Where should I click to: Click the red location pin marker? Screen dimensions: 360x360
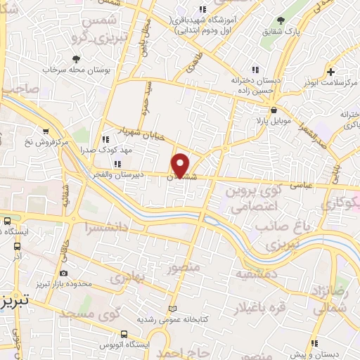pyautogui.click(x=181, y=165)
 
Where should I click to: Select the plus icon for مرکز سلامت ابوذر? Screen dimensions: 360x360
pyautogui.click(x=330, y=72)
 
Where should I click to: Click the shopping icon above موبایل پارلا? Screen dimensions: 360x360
pyautogui.click(x=274, y=110)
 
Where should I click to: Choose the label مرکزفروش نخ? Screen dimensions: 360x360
pyautogui.click(x=62, y=143)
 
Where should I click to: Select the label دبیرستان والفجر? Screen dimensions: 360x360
pyautogui.click(x=123, y=173)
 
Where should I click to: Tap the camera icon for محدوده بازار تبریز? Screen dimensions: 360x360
pyautogui.click(x=64, y=272)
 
